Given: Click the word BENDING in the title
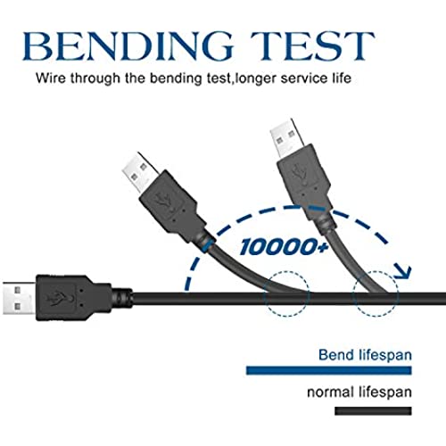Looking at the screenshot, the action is click(x=128, y=45).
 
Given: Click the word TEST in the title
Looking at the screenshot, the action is click(x=312, y=45).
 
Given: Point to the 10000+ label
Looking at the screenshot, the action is click(x=285, y=247).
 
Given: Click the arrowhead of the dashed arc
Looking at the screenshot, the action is click(x=404, y=272).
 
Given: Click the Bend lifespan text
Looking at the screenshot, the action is click(x=365, y=355).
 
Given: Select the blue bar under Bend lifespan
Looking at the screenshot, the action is click(x=329, y=370).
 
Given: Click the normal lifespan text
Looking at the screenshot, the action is click(x=359, y=392).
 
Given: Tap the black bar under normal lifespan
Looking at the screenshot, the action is click(x=373, y=411).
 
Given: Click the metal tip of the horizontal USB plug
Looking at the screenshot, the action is click(x=20, y=298).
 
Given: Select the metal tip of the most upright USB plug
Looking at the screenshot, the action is click(x=286, y=139).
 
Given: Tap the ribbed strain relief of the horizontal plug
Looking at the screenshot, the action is click(x=122, y=298).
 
